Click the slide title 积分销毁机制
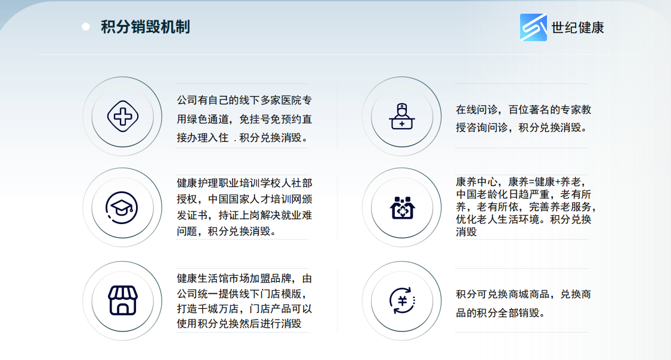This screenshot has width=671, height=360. tap(146, 27)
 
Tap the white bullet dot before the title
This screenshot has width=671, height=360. tap(85, 27)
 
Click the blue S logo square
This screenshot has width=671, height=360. tap(533, 27)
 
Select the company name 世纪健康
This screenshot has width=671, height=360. tap(578, 28)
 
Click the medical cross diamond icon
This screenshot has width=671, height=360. tap(123, 116)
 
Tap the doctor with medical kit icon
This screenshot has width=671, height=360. tap(402, 116)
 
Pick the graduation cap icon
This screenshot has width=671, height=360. tap(122, 208)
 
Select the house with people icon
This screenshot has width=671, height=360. tap(402, 208)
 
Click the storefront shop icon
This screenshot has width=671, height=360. tap(123, 300)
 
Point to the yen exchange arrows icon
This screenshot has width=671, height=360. tap(402, 300)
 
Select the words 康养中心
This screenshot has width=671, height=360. tap(477, 182)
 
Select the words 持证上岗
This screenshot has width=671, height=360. tap(239, 216)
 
